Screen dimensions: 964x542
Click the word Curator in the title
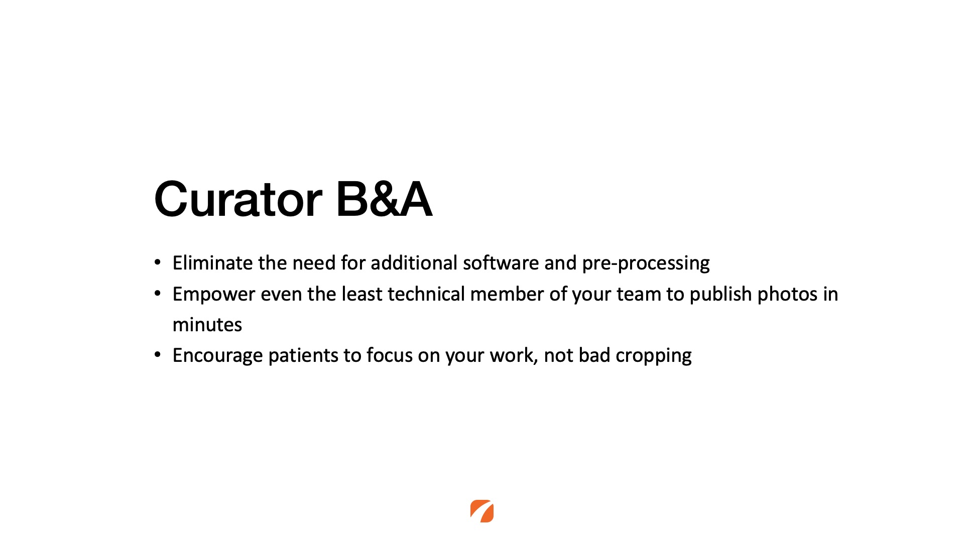[238, 199]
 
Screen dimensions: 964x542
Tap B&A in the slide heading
[384, 199]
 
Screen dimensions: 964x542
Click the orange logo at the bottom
[482, 511]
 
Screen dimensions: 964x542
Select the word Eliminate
[212, 262]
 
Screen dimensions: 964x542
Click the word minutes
[207, 325]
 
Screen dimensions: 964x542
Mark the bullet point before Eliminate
[158, 262]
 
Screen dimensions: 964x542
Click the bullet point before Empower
[158, 294]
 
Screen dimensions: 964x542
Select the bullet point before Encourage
[158, 355]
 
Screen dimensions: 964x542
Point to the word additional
[414, 262]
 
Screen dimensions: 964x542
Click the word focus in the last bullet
[390, 355]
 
